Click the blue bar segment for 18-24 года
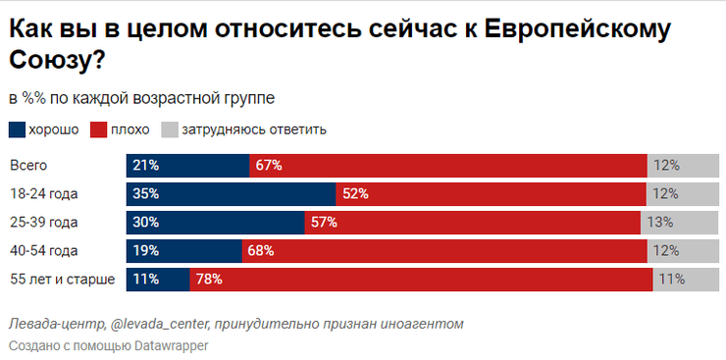[231, 194]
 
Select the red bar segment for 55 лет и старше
[422, 280]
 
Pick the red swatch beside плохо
[98, 129]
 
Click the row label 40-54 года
[43, 251]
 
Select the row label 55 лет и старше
[62, 280]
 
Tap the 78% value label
[209, 280]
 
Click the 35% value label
[146, 194]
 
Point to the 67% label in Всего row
[268, 166]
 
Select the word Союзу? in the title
[57, 61]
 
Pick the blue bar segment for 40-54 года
[183, 251]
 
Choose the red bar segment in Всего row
[447, 166]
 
